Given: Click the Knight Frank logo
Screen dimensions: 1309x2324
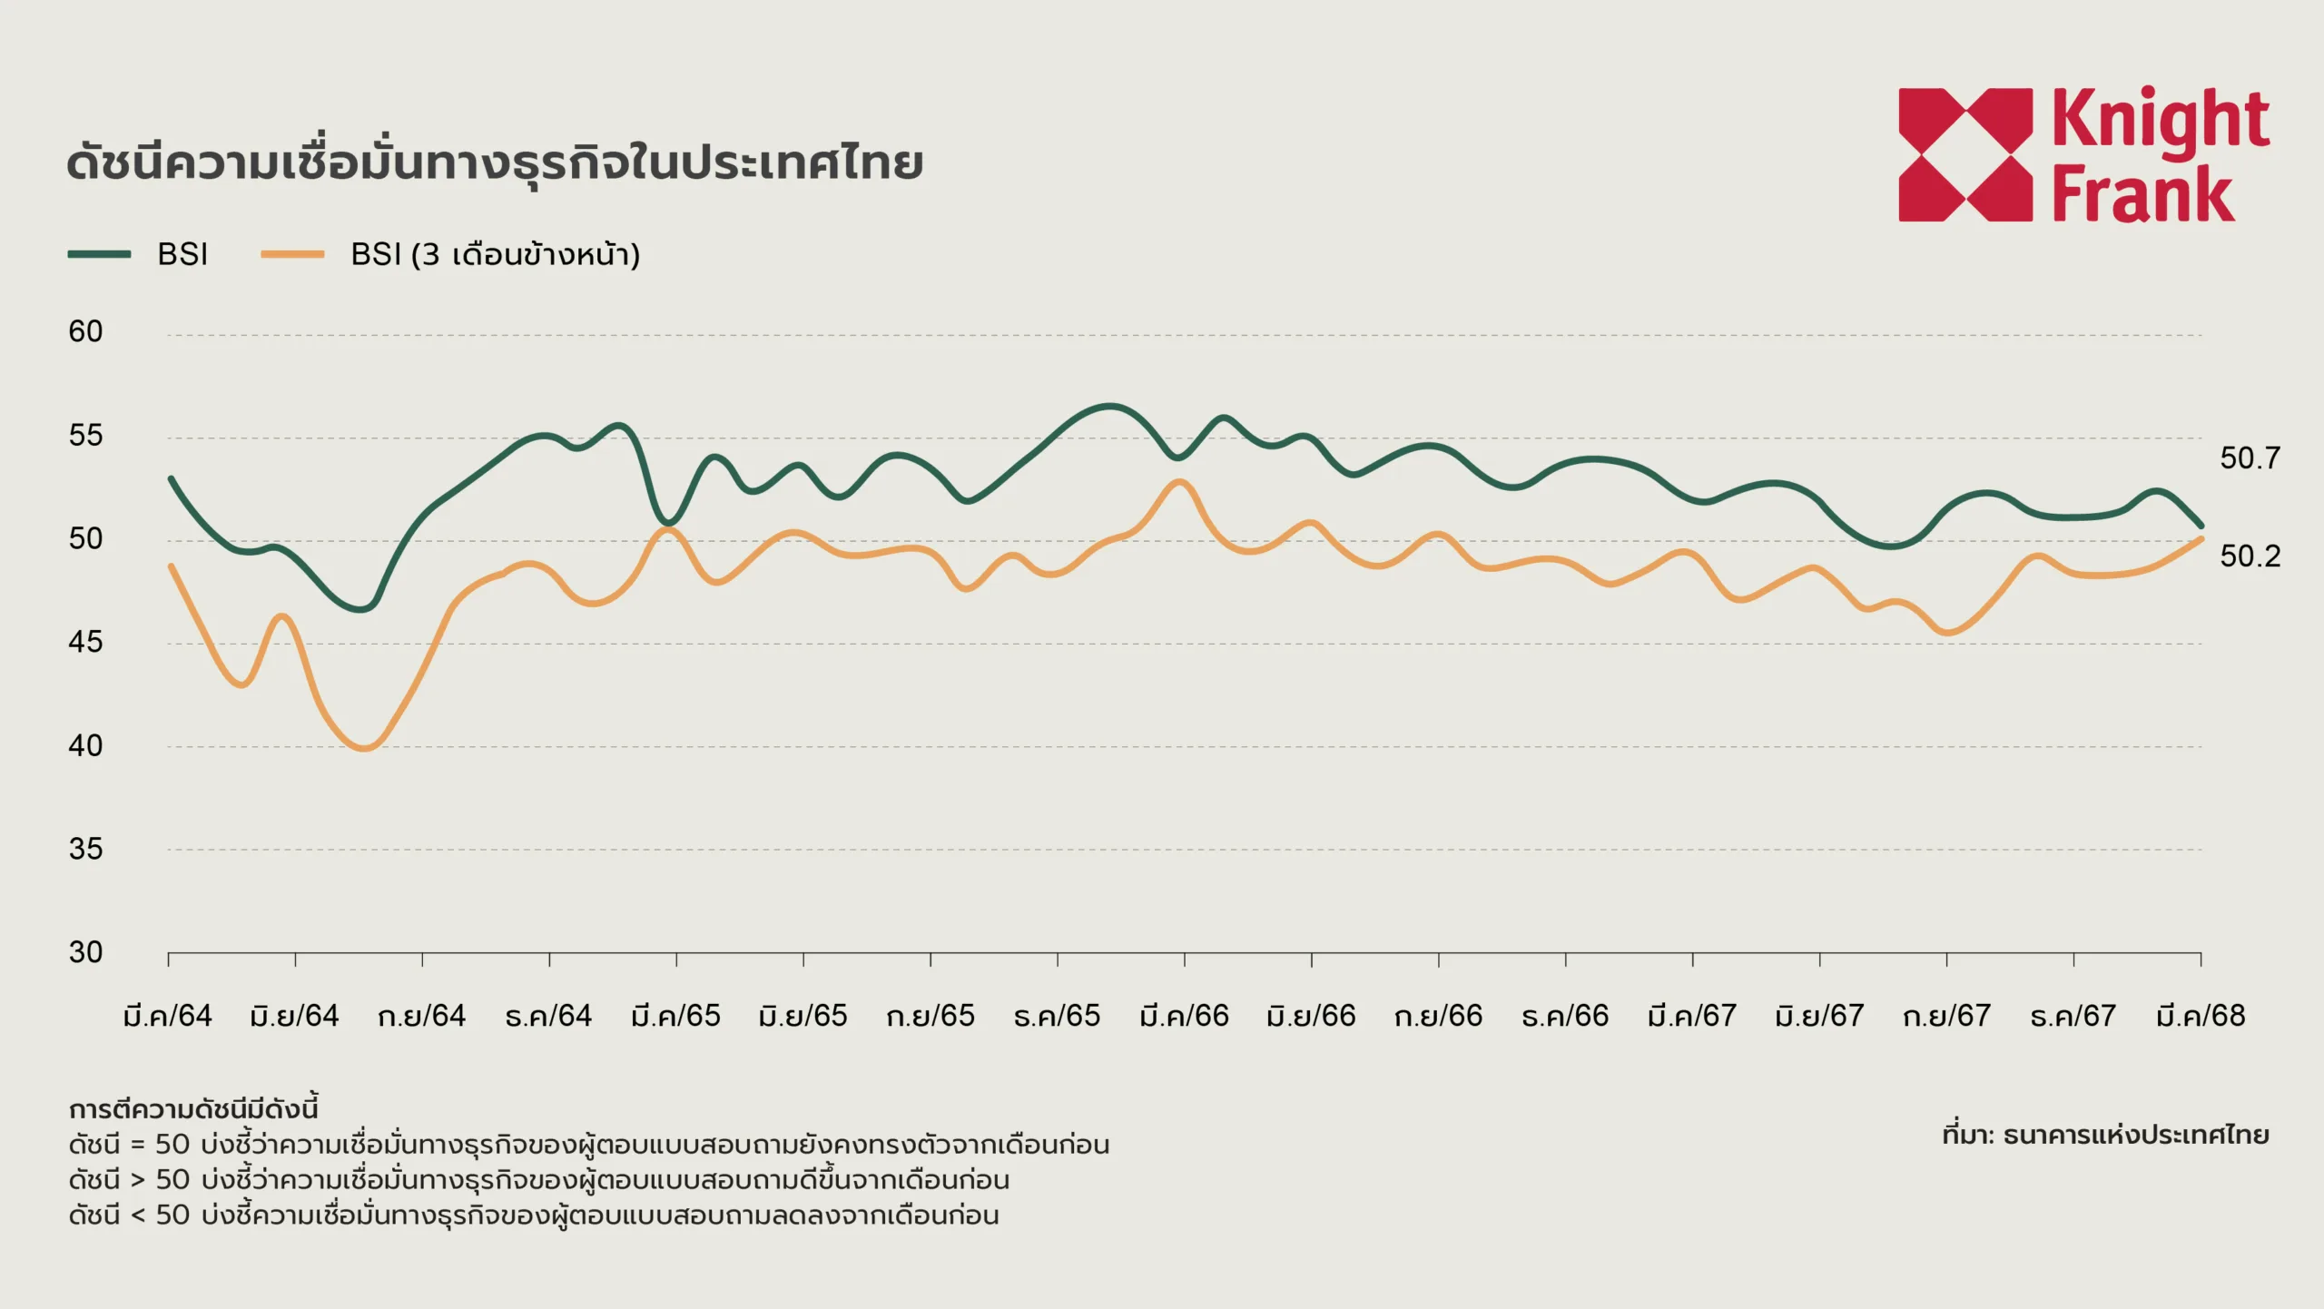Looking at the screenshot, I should [x=2083, y=154].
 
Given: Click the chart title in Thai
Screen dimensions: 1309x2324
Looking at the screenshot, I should [x=495, y=163].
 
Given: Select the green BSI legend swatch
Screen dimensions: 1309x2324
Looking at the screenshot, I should [x=99, y=254].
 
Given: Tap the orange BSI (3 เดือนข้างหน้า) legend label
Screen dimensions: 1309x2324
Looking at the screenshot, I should [x=495, y=254].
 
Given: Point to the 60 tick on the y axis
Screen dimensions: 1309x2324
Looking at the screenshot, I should [x=85, y=331].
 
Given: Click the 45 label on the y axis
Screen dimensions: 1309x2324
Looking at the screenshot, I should [x=85, y=642].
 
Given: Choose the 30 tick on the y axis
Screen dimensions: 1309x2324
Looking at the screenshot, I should [x=85, y=952].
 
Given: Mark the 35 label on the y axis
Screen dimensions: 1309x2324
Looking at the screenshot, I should [x=85, y=849].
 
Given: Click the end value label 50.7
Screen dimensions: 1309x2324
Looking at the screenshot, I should [x=2250, y=458].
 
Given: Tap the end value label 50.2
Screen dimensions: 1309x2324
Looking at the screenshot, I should [x=2250, y=556].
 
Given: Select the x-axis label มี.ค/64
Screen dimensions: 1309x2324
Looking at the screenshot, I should [x=168, y=1015].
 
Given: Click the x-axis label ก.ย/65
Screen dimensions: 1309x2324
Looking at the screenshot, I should [x=931, y=1015].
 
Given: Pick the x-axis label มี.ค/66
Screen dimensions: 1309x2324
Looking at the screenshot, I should [x=1185, y=1015].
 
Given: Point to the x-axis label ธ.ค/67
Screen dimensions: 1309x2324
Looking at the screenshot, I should [x=2073, y=1015].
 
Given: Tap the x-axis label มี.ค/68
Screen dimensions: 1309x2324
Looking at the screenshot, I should [x=2201, y=1015].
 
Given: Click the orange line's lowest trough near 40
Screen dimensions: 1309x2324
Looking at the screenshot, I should [x=365, y=748].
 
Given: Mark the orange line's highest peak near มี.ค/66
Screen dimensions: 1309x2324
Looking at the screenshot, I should [x=1179, y=481].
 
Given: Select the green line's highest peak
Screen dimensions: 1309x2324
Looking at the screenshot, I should [x=1109, y=406].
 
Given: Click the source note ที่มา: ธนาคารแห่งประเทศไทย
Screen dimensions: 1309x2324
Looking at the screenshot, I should [x=2105, y=1135].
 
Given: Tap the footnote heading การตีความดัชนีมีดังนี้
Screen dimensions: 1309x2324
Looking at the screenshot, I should [x=193, y=1109].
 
